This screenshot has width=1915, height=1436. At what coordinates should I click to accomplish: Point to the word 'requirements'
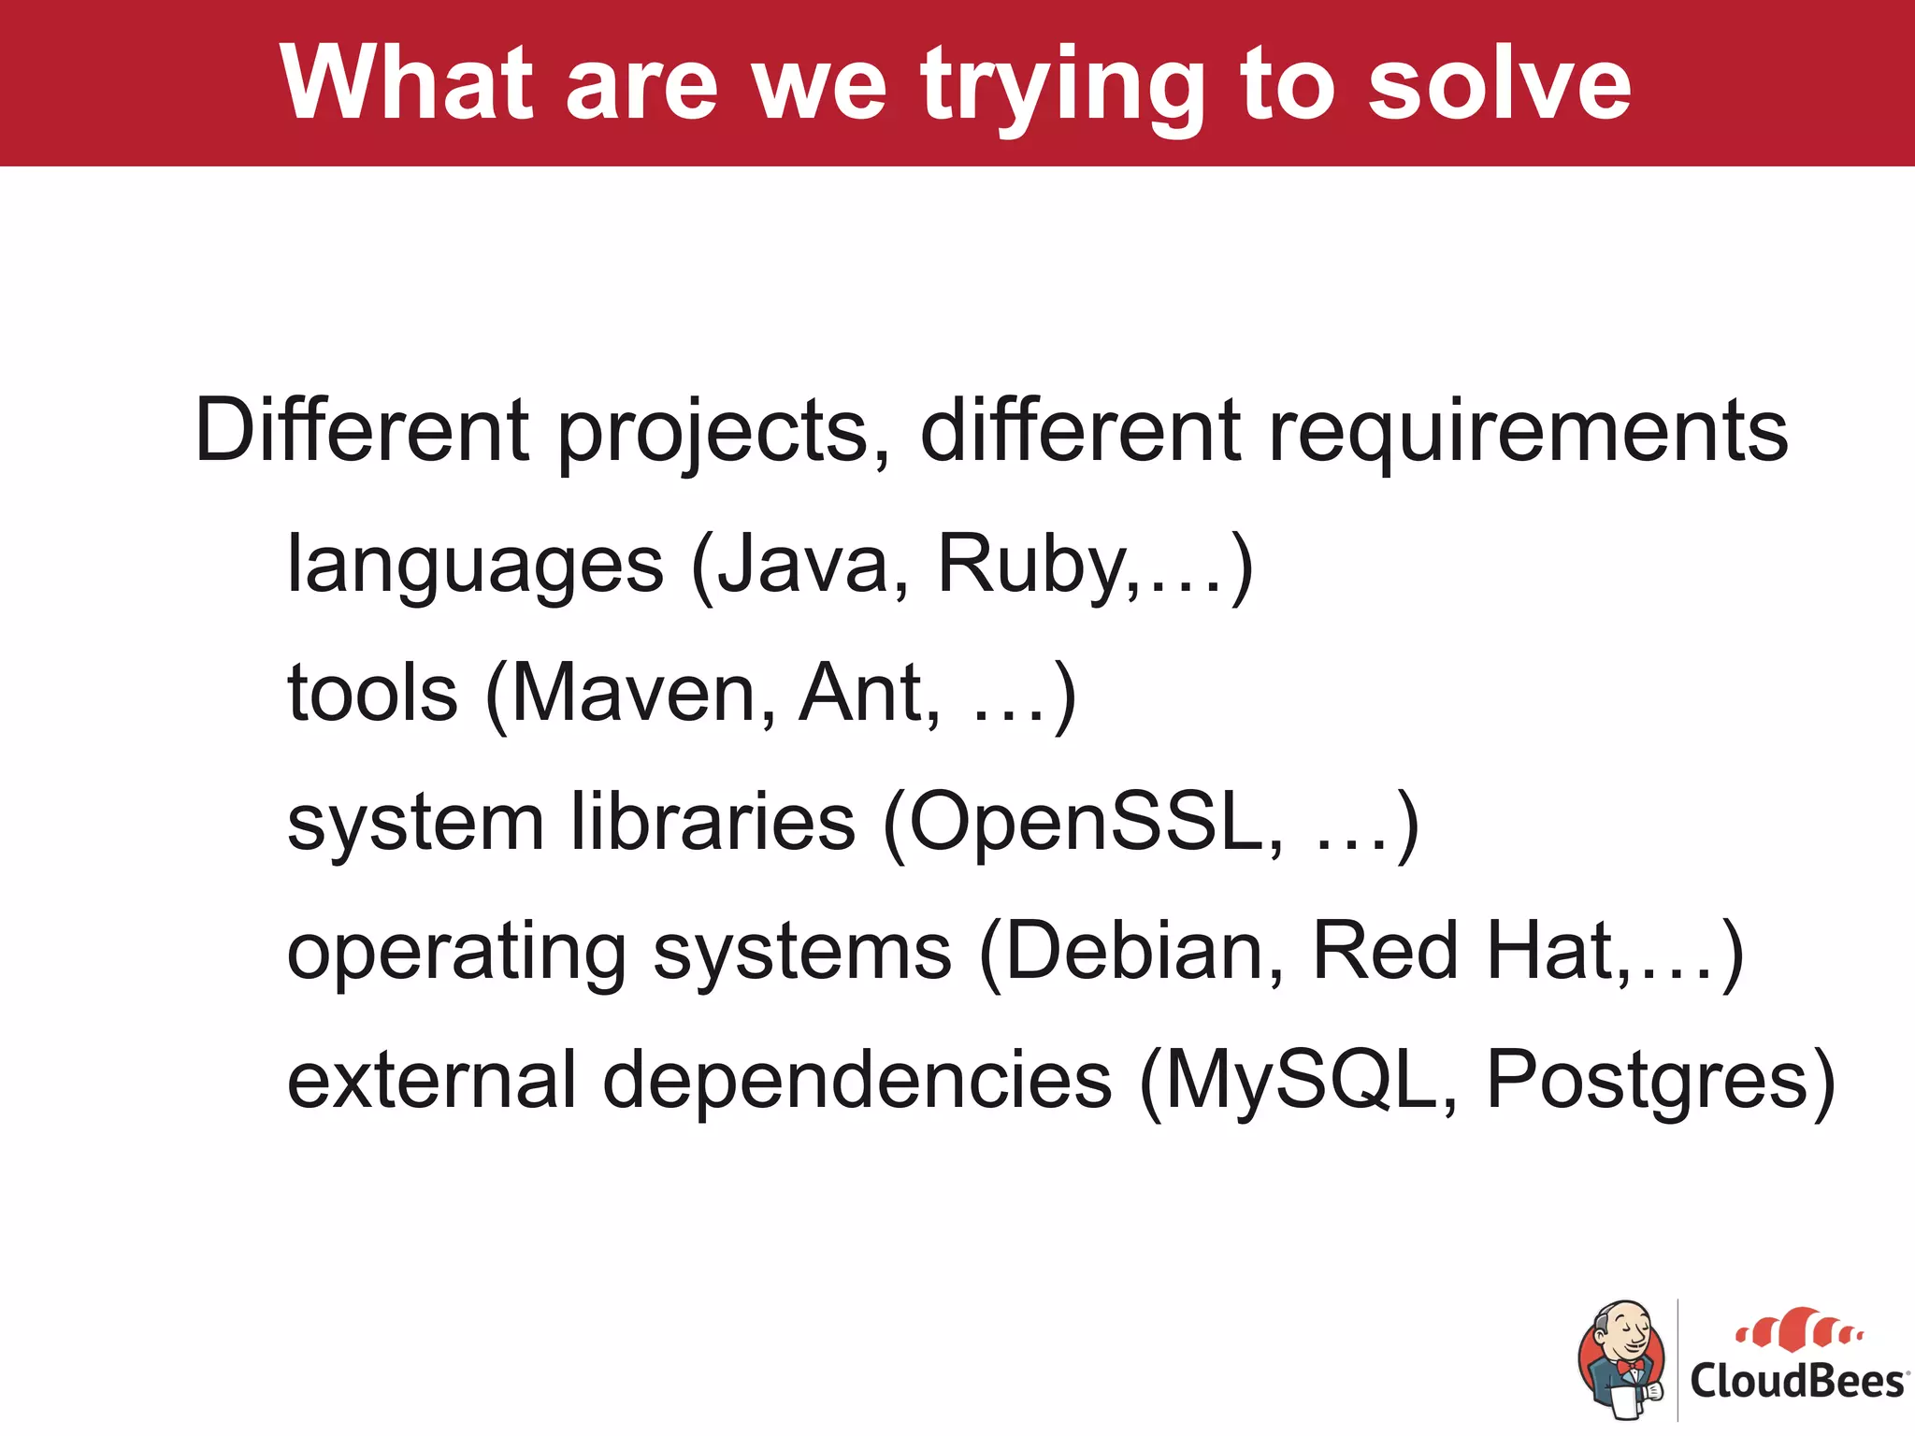[1527, 432]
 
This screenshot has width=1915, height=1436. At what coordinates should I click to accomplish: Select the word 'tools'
[372, 694]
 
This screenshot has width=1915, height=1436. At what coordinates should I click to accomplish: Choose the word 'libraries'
[713, 823]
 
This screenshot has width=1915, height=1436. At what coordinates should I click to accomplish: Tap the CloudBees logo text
[1795, 1380]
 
